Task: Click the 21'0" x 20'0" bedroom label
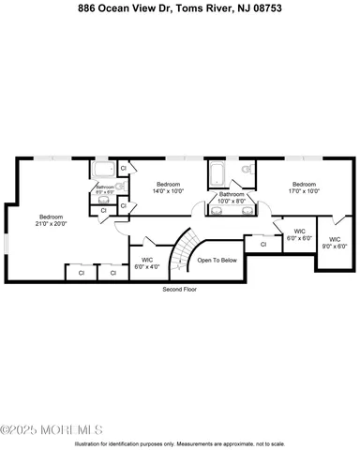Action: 51,220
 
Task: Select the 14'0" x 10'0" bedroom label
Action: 168,187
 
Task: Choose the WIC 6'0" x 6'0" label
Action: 300,234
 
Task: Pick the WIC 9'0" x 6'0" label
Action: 335,243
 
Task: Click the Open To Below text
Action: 217,261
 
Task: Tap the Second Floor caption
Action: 178,290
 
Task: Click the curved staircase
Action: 181,248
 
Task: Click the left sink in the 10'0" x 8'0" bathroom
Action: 218,212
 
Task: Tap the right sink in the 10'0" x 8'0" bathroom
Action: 247,212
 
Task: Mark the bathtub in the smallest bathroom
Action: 103,170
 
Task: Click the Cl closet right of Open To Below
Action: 263,244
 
